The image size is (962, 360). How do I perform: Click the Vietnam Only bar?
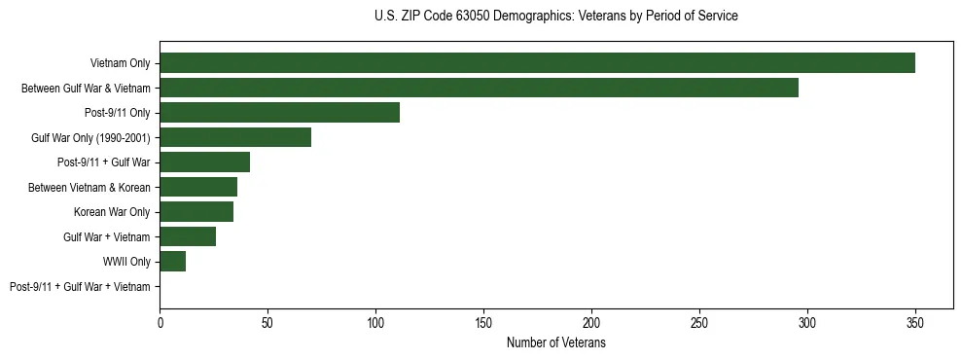point(537,63)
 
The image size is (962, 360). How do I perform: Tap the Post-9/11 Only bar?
point(279,113)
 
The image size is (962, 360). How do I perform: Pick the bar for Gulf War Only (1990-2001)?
point(235,137)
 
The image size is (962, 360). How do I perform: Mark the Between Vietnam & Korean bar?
point(198,187)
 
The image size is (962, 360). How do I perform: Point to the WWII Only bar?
point(172,262)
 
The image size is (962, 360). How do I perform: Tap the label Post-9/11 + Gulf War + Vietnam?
point(80,287)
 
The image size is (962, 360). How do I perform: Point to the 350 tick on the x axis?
point(915,321)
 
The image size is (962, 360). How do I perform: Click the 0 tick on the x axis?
point(160,321)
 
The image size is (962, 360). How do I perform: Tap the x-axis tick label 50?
point(267,321)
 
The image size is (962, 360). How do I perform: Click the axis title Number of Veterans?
point(555,343)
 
